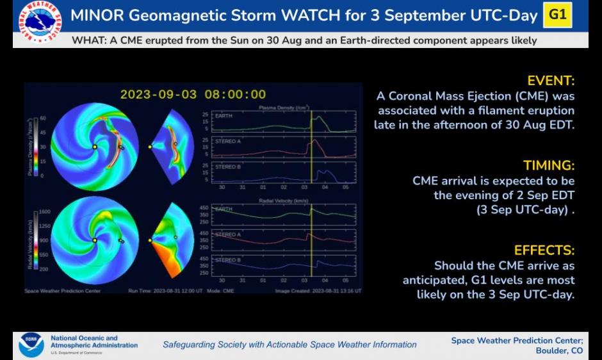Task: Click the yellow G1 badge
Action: pyautogui.click(x=557, y=15)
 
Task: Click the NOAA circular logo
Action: pyautogui.click(x=31, y=345)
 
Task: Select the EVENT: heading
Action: pyautogui.click(x=551, y=81)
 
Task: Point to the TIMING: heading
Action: pyautogui.click(x=549, y=166)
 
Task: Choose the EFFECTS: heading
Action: pyautogui.click(x=544, y=250)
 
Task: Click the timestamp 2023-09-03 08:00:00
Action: pyautogui.click(x=193, y=95)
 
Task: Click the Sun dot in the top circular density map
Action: pyautogui.click(x=95, y=147)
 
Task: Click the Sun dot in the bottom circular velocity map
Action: pyautogui.click(x=95, y=240)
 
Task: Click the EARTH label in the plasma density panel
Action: pyautogui.click(x=224, y=117)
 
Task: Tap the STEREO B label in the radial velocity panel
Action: pyautogui.click(x=227, y=260)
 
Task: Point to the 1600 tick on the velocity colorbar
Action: pyautogui.click(x=45, y=211)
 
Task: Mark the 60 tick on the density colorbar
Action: pyautogui.click(x=43, y=119)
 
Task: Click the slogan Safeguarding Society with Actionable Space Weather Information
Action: pyautogui.click(x=289, y=345)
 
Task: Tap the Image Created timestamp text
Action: pyautogui.click(x=318, y=291)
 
